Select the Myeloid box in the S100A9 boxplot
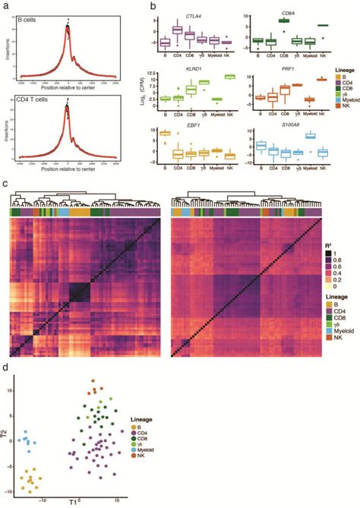point(310,136)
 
